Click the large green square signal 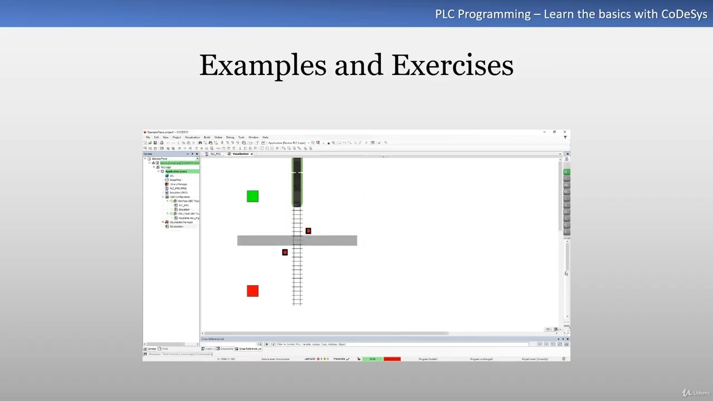click(x=252, y=196)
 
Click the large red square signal click(x=252, y=291)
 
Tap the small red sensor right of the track click(x=308, y=231)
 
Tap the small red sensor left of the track click(x=285, y=252)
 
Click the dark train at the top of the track click(x=297, y=182)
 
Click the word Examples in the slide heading click(x=262, y=66)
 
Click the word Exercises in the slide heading click(x=452, y=66)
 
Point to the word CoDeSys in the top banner click(x=683, y=14)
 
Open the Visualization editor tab click(x=241, y=154)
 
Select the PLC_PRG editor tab click(x=215, y=154)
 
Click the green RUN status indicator click(x=372, y=359)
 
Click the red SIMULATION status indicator click(x=392, y=359)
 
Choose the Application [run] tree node click(x=176, y=172)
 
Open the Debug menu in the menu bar click(x=229, y=137)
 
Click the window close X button click(x=564, y=132)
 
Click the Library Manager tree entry click(x=178, y=184)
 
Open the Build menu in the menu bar click(x=207, y=137)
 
